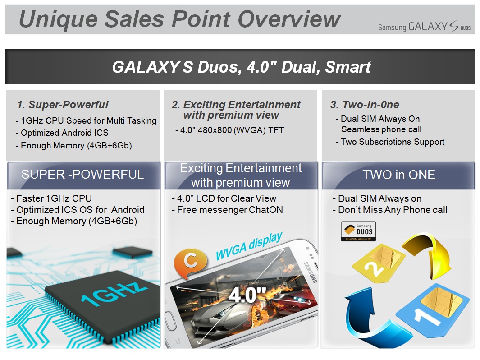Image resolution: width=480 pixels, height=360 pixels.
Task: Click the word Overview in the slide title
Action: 289,18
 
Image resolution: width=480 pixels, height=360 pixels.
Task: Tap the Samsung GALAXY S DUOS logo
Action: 424,27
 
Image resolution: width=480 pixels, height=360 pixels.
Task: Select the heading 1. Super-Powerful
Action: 63,105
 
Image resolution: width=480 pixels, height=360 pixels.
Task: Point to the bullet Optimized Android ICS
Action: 62,133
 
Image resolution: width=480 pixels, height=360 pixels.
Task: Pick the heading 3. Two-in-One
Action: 365,105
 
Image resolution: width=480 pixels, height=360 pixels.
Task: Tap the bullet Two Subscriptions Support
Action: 390,142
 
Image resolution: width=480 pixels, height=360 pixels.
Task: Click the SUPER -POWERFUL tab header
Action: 82,174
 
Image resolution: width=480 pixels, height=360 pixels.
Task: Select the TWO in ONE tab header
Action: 399,175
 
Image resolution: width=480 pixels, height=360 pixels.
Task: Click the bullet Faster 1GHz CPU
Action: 51,198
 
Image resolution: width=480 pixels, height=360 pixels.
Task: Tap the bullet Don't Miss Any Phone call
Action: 390,210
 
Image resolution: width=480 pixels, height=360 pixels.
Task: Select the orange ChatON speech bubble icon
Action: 190,263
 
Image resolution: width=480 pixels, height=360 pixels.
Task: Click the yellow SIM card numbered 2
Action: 379,263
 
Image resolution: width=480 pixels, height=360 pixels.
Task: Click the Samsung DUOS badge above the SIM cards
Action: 358,231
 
